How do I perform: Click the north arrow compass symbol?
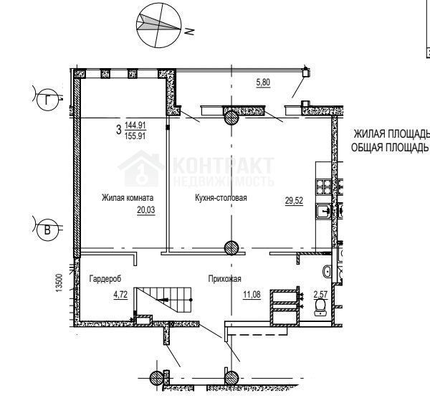pyautogui.click(x=159, y=25)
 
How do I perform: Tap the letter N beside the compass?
pyautogui.click(x=189, y=32)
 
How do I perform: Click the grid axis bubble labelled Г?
pyautogui.click(x=47, y=100)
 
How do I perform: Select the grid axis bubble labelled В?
pyautogui.click(x=47, y=230)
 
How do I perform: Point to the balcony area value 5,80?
pyautogui.click(x=263, y=82)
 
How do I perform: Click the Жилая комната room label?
pyautogui.click(x=128, y=198)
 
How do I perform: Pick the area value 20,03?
pyautogui.click(x=146, y=210)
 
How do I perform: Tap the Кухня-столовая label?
pyautogui.click(x=221, y=198)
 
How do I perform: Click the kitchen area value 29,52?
pyautogui.click(x=294, y=201)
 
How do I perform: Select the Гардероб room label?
pyautogui.click(x=105, y=278)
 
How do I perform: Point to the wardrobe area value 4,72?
pyautogui.click(x=120, y=295)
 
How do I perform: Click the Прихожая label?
pyautogui.click(x=224, y=279)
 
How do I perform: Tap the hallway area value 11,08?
pyautogui.click(x=252, y=295)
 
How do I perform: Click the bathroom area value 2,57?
pyautogui.click(x=320, y=295)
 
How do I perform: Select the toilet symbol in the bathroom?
pyautogui.click(x=320, y=307)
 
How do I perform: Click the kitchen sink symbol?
pyautogui.click(x=324, y=212)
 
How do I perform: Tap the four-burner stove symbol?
pyautogui.click(x=324, y=186)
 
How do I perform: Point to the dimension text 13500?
pyautogui.click(x=59, y=283)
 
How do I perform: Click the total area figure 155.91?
pyautogui.click(x=135, y=136)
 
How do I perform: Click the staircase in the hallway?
pyautogui.click(x=163, y=300)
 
